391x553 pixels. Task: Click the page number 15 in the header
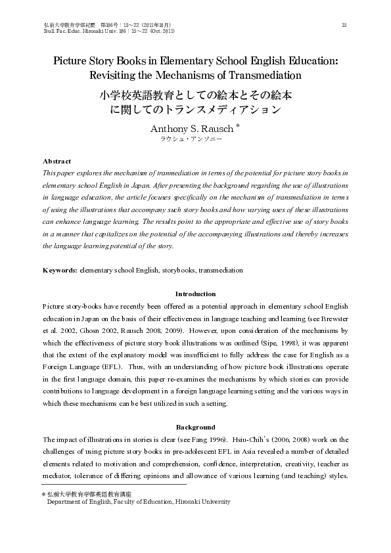[x=344, y=25]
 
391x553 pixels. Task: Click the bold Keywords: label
[x=60, y=270]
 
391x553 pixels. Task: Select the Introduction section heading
[x=195, y=294]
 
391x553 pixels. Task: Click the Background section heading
[x=195, y=427]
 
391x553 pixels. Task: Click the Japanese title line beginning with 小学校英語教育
[x=195, y=95]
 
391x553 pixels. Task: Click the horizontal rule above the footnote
[x=114, y=485]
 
